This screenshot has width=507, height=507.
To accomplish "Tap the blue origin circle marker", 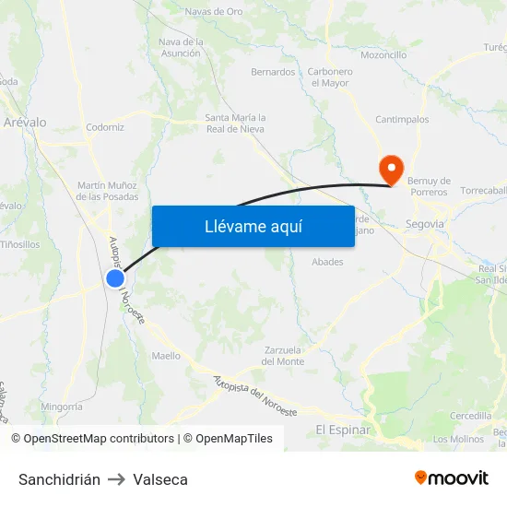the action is click(115, 278).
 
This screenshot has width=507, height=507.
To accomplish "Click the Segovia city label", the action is click(425, 224).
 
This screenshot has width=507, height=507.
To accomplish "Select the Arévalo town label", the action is click(25, 122).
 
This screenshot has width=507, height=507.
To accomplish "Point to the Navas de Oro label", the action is click(213, 12).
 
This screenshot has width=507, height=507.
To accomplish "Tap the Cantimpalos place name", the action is click(402, 120).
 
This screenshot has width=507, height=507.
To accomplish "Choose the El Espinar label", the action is click(343, 430).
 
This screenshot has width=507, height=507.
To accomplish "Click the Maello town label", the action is click(166, 355).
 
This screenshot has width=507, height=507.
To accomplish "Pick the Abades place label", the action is click(327, 262).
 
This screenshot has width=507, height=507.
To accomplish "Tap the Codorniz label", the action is click(104, 127).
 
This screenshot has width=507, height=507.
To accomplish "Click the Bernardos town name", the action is click(273, 72).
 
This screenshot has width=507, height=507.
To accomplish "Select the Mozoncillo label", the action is click(383, 55).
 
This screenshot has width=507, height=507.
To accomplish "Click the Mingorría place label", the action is click(62, 407).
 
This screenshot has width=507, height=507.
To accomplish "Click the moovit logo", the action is click(451, 478).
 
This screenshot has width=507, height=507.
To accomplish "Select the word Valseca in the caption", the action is click(160, 479).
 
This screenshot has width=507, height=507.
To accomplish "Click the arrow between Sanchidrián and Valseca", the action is click(116, 479).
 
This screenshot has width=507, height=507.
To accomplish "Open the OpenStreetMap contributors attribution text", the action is click(92, 439).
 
